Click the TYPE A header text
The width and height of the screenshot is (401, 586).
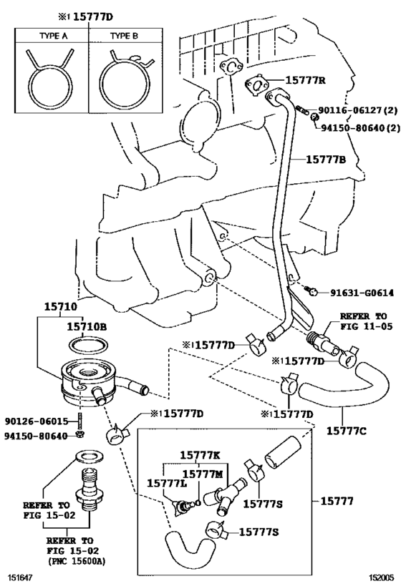(54, 36)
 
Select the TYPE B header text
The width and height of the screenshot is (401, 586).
(124, 36)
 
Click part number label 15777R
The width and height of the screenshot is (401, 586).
(306, 80)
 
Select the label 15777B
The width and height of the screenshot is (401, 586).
(326, 160)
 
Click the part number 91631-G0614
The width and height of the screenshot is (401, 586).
(362, 293)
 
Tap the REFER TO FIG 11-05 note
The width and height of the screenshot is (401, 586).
(366, 321)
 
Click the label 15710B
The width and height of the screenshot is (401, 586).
(87, 327)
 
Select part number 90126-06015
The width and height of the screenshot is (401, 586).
(37, 421)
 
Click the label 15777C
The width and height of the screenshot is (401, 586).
(347, 431)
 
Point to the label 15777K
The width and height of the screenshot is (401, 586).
(200, 455)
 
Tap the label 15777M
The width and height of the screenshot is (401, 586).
(203, 474)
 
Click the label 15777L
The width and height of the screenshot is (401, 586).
(167, 483)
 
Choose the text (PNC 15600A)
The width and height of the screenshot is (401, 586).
(77, 560)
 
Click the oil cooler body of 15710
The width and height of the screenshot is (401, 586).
(89, 383)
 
